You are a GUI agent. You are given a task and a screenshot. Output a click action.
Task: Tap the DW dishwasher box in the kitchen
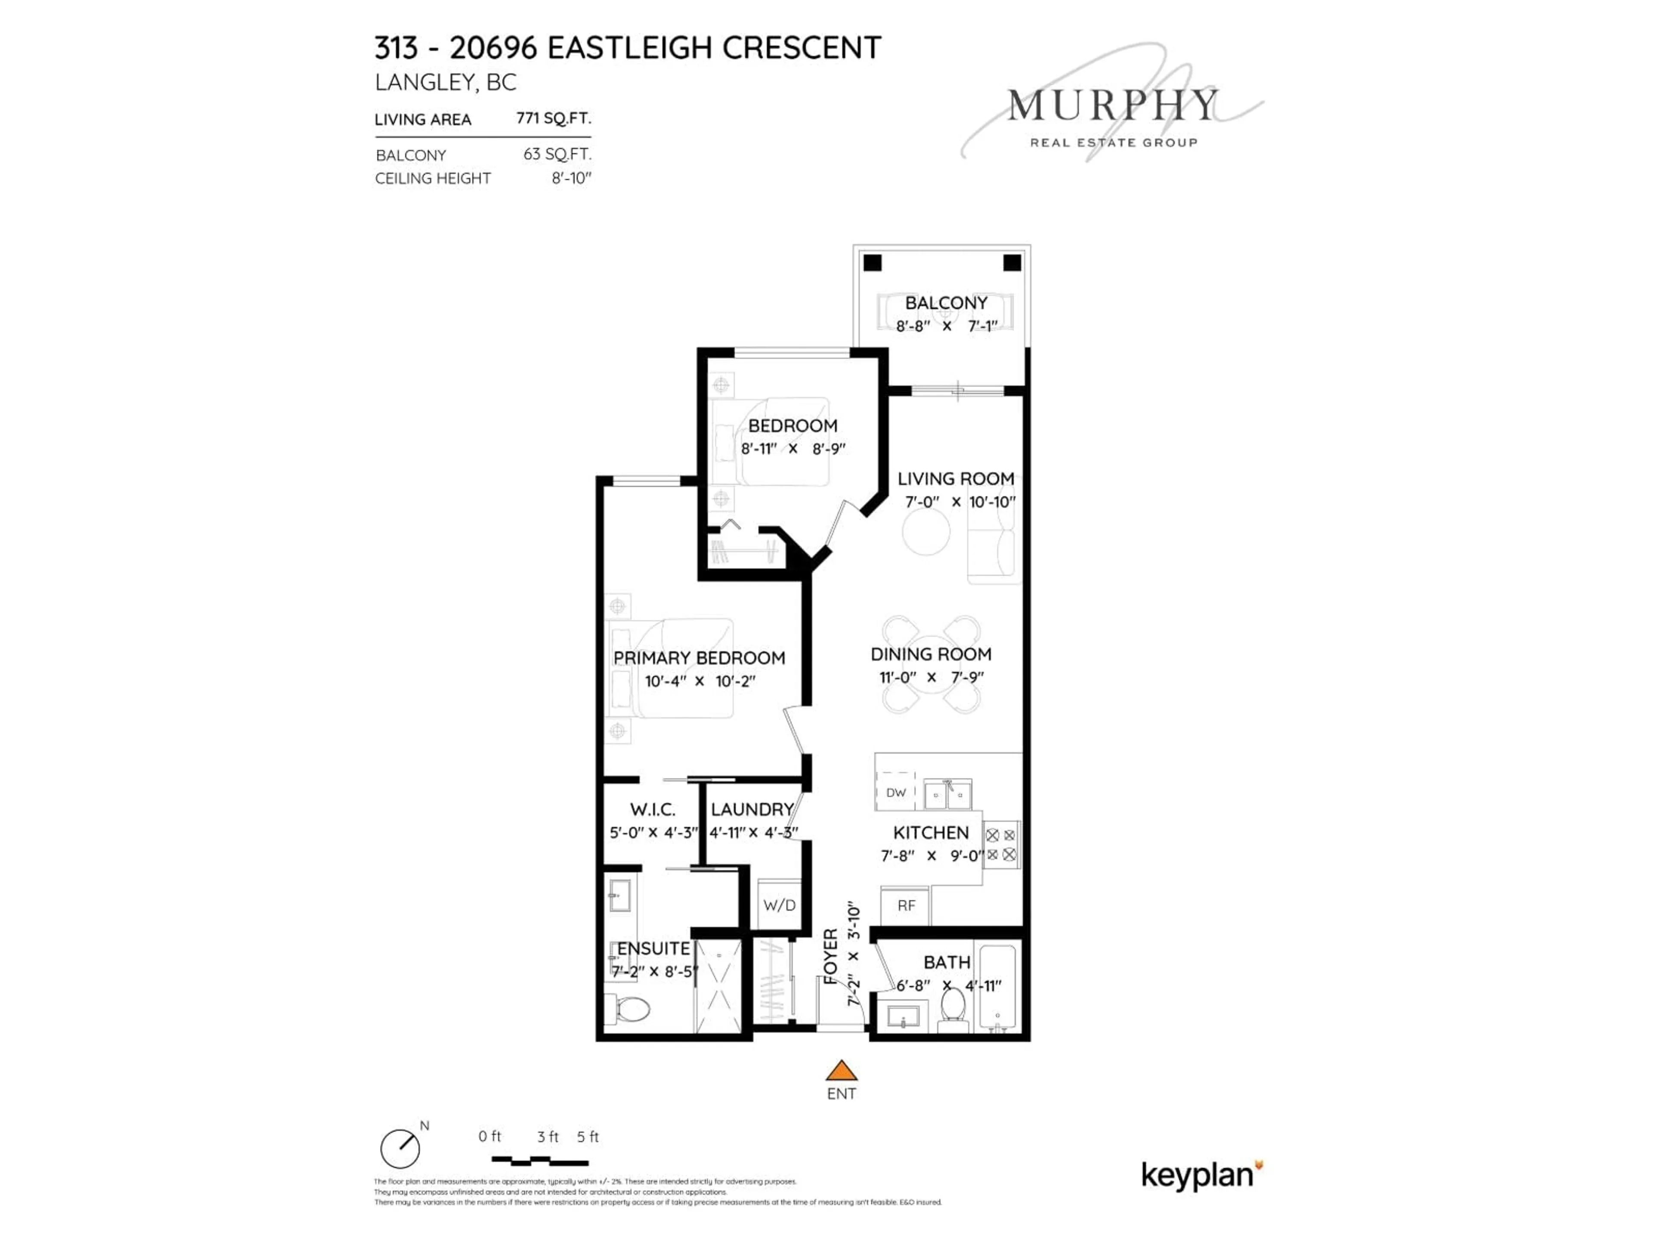pyautogui.click(x=895, y=792)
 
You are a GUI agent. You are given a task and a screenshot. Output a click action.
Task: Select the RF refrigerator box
pyautogui.click(x=906, y=906)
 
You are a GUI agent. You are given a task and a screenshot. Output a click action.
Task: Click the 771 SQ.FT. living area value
pyautogui.click(x=553, y=118)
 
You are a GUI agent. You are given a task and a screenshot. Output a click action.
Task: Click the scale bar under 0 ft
pyautogui.click(x=539, y=1162)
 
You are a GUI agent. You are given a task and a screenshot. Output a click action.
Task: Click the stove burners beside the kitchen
pyautogui.click(x=1000, y=845)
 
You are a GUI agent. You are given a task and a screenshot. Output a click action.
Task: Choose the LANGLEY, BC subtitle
pyautogui.click(x=446, y=82)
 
